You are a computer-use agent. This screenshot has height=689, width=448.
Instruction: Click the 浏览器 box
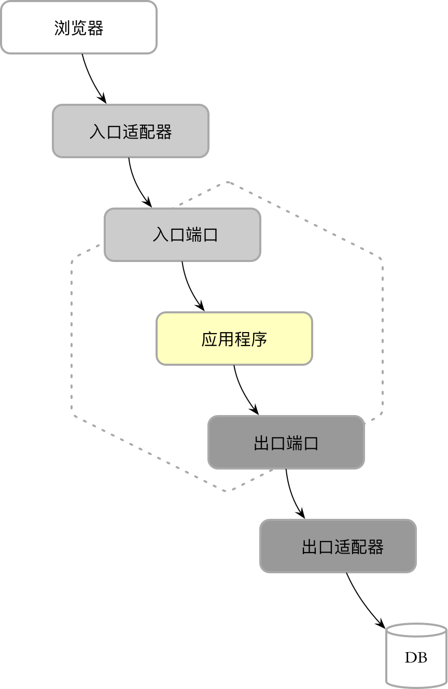[x=79, y=27]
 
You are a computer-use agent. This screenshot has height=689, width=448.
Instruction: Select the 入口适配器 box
[x=131, y=131]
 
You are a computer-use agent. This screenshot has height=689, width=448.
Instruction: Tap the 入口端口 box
[x=183, y=235]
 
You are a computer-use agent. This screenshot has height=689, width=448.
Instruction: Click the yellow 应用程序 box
[x=234, y=338]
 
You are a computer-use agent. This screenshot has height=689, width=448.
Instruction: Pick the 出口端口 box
[x=286, y=442]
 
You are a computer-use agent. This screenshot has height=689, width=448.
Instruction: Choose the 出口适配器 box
[x=338, y=546]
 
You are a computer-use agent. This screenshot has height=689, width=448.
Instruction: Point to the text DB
[x=416, y=658]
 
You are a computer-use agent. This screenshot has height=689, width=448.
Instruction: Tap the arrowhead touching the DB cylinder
[x=381, y=624]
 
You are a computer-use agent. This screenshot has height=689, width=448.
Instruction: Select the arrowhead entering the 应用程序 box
[x=201, y=307]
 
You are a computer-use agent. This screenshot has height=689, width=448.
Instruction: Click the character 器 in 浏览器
[x=95, y=27]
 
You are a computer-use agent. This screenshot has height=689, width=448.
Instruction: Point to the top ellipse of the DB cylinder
[x=416, y=630]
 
